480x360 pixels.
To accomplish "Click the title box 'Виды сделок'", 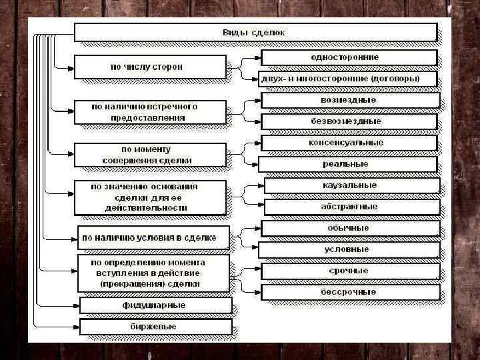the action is [x=255, y=32].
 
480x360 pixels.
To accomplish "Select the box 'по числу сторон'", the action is [x=150, y=67].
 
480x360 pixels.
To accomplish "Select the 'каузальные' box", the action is [x=351, y=185].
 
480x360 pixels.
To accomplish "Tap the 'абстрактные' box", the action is [x=351, y=207].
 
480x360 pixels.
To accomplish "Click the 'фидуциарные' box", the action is [x=155, y=305].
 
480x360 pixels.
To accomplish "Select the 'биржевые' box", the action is [x=155, y=327].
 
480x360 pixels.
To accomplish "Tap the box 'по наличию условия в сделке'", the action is [x=153, y=237].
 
